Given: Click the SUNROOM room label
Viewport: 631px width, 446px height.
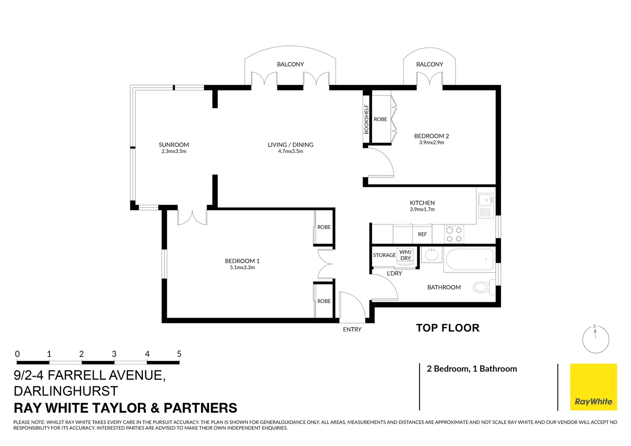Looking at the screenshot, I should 173,145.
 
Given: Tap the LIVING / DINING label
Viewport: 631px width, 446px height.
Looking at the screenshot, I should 290,145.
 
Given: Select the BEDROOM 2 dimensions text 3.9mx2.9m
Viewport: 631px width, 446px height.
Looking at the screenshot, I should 432,142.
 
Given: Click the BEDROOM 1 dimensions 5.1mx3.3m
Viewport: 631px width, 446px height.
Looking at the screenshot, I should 242,268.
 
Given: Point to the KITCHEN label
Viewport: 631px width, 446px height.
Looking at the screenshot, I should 422,203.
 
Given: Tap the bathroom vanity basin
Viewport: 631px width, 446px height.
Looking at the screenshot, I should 432,255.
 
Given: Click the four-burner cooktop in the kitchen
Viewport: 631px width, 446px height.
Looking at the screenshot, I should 454,234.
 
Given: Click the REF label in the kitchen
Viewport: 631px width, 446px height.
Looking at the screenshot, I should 422,235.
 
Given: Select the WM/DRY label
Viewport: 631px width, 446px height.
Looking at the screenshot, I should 405,255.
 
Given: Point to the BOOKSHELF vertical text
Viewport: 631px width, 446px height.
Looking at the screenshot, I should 366,119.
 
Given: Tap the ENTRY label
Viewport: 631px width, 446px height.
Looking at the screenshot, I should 352,330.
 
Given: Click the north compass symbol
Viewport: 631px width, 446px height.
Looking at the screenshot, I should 595,339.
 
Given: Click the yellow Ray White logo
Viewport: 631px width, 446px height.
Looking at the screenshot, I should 593,387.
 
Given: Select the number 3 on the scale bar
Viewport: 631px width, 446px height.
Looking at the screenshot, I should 114,354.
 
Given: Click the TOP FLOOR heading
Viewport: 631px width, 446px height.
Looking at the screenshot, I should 448,328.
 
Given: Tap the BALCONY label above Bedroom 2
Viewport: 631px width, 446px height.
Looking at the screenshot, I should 429,64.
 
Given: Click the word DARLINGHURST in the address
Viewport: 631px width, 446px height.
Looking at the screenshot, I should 66,391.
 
